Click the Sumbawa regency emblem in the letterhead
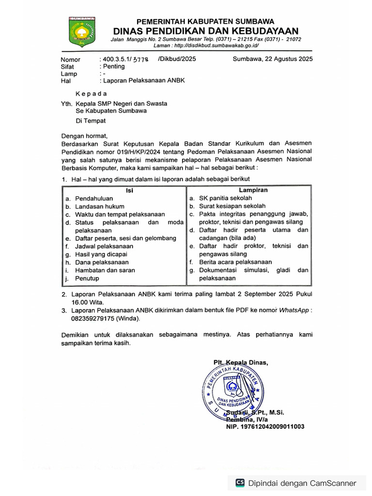pyautogui.click(x=82, y=32)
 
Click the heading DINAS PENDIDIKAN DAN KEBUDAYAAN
pyautogui.click(x=205, y=31)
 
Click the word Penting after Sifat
pyautogui.click(x=113, y=66)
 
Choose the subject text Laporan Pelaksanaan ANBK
pyautogui.click(x=144, y=80)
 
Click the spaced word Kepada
pyautogui.click(x=92, y=93)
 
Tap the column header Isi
pyautogui.click(x=129, y=190)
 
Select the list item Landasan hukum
pyautogui.click(x=100, y=206)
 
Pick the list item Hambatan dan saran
pyautogui.click(x=105, y=270)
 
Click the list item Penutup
pyautogui.click(x=87, y=278)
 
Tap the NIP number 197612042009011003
pyautogui.click(x=265, y=427)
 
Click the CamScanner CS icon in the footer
pyautogui.click(x=240, y=482)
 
